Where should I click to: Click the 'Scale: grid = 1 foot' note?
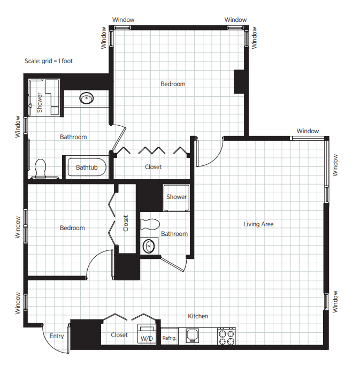pos(49,61)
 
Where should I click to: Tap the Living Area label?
pos(258,224)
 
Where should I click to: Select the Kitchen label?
pos(198,316)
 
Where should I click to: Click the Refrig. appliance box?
pos(170,336)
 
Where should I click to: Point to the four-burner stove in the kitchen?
pos(226,337)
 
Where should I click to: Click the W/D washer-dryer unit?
pos(147,334)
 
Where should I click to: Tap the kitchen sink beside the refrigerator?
pos(193,335)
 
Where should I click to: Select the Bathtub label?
pos(87,167)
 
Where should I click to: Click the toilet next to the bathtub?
pos(41,169)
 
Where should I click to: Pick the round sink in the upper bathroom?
pos(86,98)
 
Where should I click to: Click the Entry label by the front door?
pos(57,336)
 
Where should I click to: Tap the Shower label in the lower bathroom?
pos(177,197)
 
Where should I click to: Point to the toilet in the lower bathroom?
pos(150,224)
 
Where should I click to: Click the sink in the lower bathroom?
pos(149,246)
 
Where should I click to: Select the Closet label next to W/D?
pos(119,335)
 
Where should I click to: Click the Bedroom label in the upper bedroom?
pos(173,84)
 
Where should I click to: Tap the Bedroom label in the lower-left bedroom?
pos(72,228)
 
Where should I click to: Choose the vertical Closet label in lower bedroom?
pos(126,223)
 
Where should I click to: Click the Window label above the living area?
pos(308,131)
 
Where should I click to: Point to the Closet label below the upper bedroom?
pos(153,167)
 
